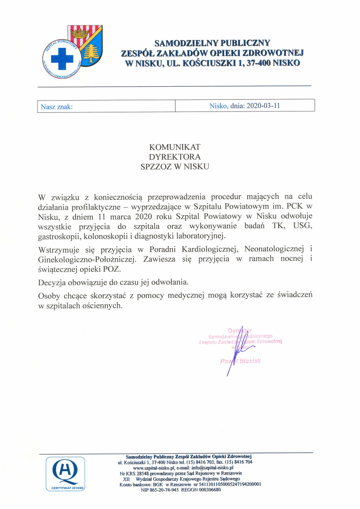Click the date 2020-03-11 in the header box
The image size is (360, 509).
pyautogui.click(x=263, y=105)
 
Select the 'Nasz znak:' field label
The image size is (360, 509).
pyautogui.click(x=56, y=106)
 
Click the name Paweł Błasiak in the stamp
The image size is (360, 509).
pyautogui.click(x=241, y=361)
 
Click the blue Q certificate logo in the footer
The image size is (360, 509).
pyautogui.click(x=65, y=472)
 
